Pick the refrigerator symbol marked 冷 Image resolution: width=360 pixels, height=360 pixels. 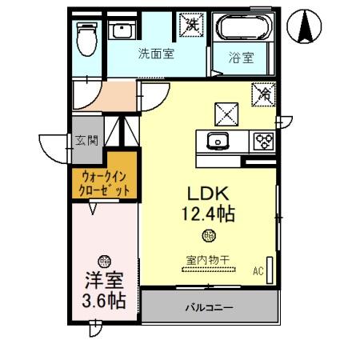coord(265,93)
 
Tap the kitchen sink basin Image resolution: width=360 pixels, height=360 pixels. coord(216,142)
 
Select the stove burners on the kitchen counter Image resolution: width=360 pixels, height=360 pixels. coord(262,142)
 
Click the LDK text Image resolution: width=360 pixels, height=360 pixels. coord(207,194)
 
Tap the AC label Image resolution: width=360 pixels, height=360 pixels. coord(258,271)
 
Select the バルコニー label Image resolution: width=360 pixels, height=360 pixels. coord(210,306)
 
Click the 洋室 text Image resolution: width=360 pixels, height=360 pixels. coord(104,281)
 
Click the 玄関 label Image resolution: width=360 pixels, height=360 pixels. coord(86,141)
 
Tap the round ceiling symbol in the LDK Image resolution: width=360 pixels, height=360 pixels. coord(208,235)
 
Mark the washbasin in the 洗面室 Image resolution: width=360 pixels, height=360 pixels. coord(123,32)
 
